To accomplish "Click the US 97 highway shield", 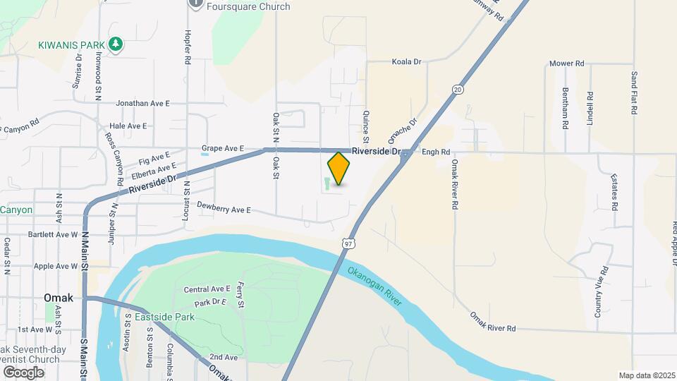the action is [x=348, y=243].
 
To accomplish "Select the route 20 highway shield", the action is [x=458, y=90].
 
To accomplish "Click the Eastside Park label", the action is [x=164, y=317].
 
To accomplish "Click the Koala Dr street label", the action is [x=406, y=62].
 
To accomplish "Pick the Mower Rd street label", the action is [x=568, y=64].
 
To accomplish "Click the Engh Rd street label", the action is [x=436, y=152].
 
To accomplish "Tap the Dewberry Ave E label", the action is [x=224, y=210].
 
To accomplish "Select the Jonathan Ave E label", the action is [x=143, y=103].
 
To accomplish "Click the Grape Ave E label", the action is [x=222, y=149].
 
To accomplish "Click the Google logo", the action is [x=23, y=372].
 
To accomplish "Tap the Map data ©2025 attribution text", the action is [x=646, y=375].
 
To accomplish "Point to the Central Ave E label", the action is [x=207, y=289].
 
